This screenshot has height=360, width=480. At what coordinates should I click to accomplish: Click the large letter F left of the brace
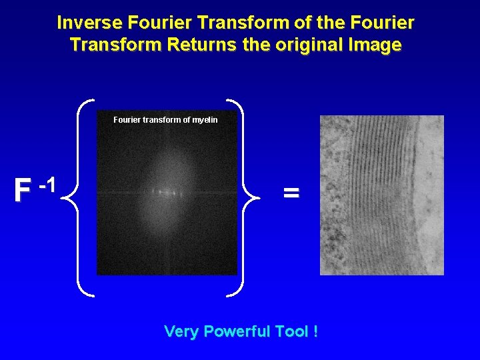23,191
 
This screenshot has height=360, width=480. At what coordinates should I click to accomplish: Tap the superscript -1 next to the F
46,184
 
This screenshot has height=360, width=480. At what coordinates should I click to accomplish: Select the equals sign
291,193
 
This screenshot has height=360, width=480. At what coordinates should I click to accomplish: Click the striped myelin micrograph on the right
381,195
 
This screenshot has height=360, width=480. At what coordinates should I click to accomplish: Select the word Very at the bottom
181,331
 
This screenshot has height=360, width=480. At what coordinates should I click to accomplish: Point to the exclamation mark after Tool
314,331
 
